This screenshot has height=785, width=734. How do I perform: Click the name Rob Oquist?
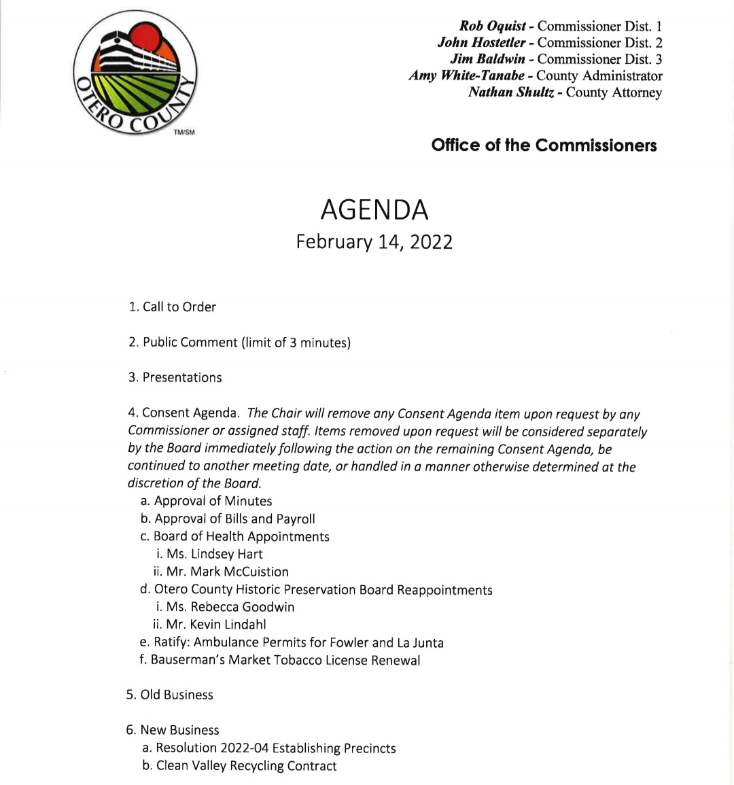492,26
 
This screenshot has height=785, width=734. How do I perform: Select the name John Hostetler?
482,42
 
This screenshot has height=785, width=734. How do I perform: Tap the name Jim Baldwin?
487,59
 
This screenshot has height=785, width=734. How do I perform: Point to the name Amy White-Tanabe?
466,75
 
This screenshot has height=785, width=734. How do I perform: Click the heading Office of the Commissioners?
544,145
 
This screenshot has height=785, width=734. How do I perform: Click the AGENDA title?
374,209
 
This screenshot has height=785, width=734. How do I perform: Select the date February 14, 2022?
374,242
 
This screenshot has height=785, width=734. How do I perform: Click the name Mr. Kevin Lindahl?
215,625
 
